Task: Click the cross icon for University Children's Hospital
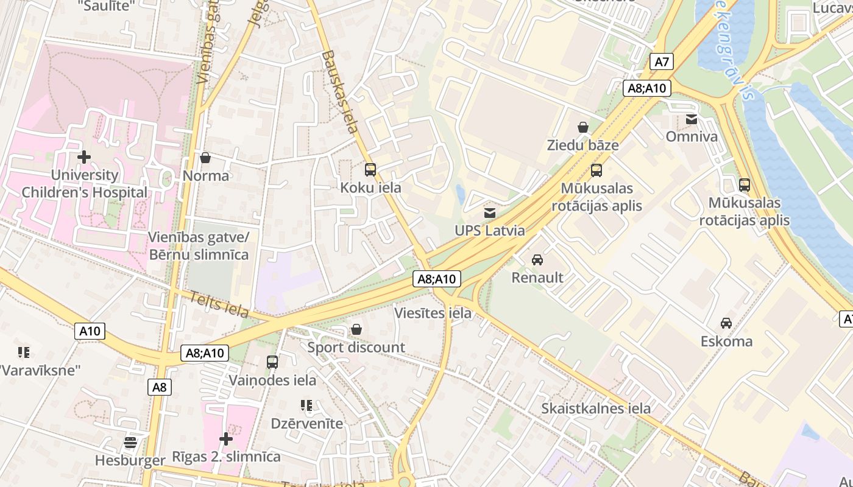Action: pos(84,157)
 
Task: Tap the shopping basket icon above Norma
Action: pos(205,158)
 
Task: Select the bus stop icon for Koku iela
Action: pos(370,170)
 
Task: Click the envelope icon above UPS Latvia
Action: pos(489,213)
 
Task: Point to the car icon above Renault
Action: pos(537,260)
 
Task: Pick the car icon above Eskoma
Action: pos(726,323)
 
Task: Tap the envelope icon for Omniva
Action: pos(692,119)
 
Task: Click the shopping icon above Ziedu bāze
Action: pos(583,127)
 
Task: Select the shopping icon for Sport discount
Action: pos(356,329)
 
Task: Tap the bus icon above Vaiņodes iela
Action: pos(272,362)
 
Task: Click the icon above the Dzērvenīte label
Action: pos(306,405)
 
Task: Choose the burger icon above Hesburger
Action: pos(130,442)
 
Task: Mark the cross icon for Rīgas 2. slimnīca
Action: pos(226,438)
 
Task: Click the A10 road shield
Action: pos(90,331)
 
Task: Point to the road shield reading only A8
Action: pos(159,387)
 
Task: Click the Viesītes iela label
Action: pos(433,313)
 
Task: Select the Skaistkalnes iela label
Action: pos(596,408)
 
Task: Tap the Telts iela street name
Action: pos(219,304)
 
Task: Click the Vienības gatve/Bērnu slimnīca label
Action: pos(199,245)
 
